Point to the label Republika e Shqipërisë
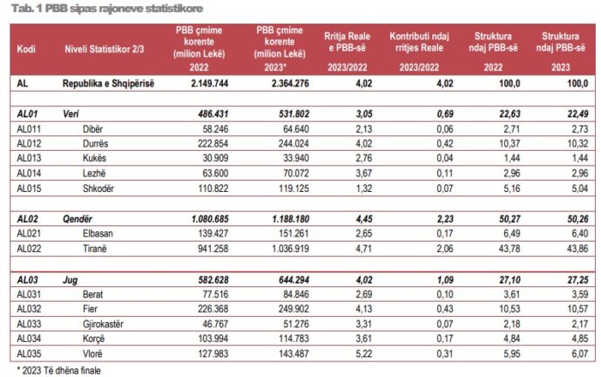[111, 83]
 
